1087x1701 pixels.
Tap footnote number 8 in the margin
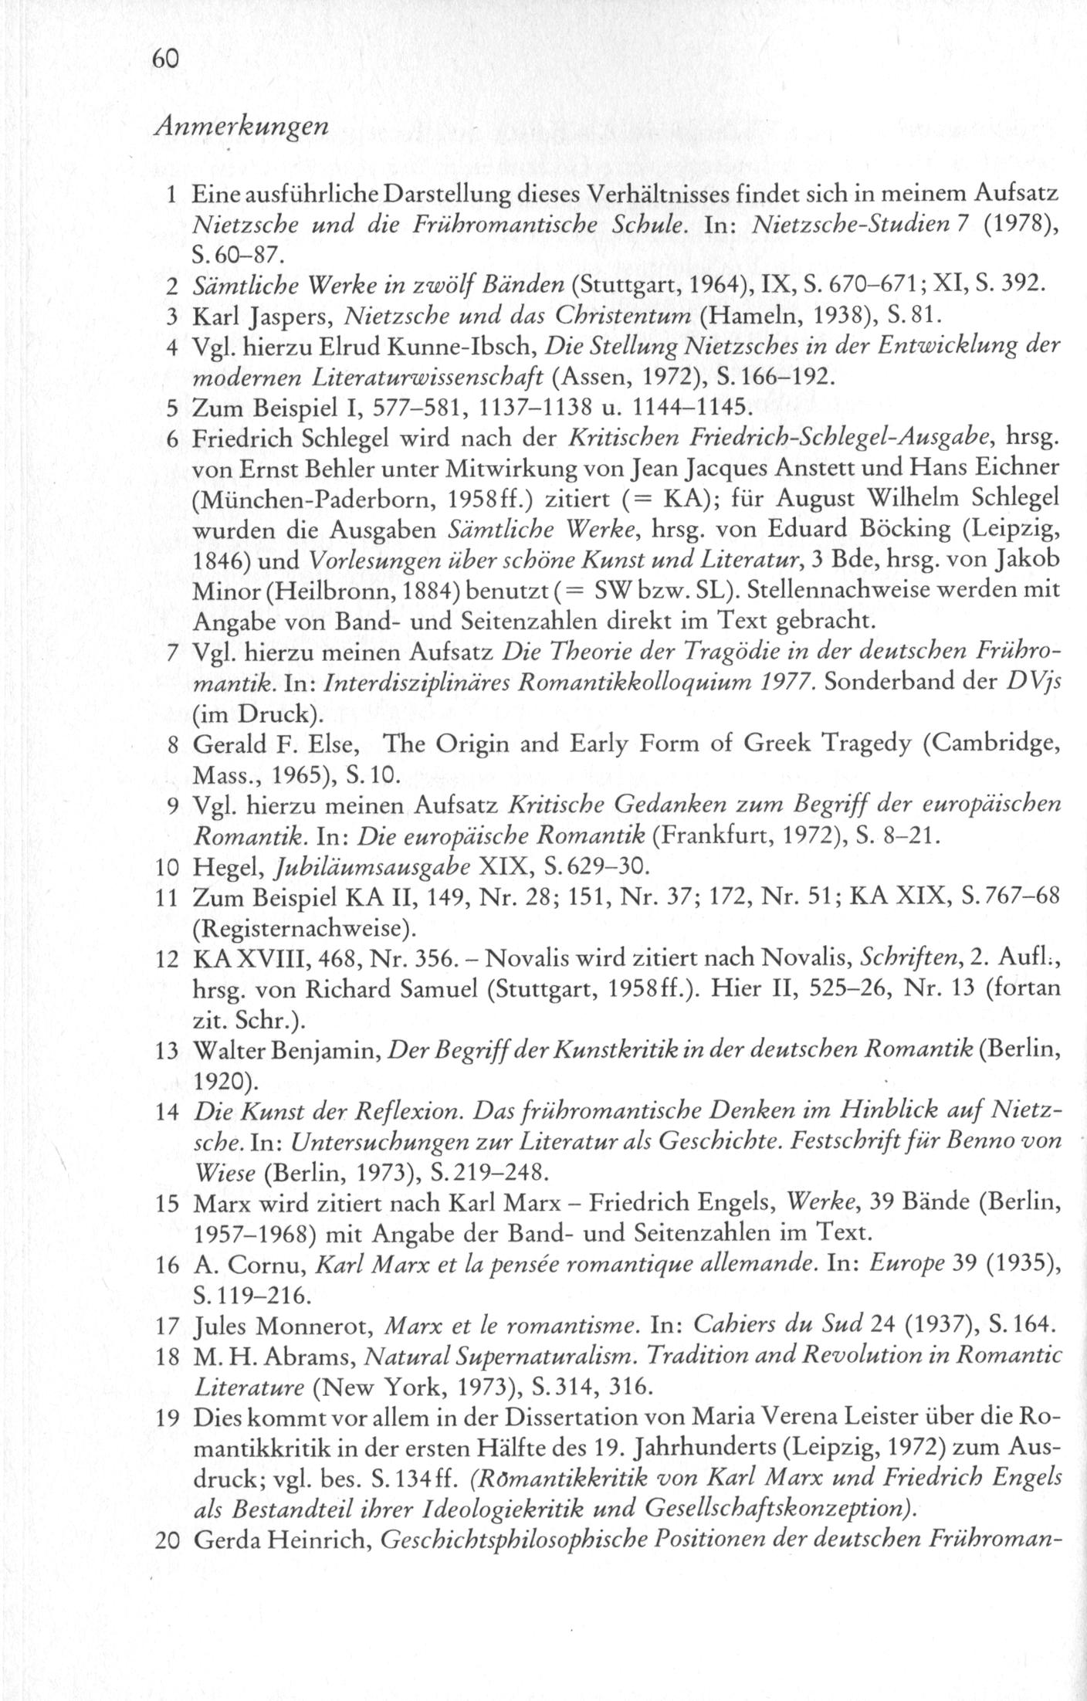[174, 745]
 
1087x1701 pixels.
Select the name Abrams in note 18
[312, 1357]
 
